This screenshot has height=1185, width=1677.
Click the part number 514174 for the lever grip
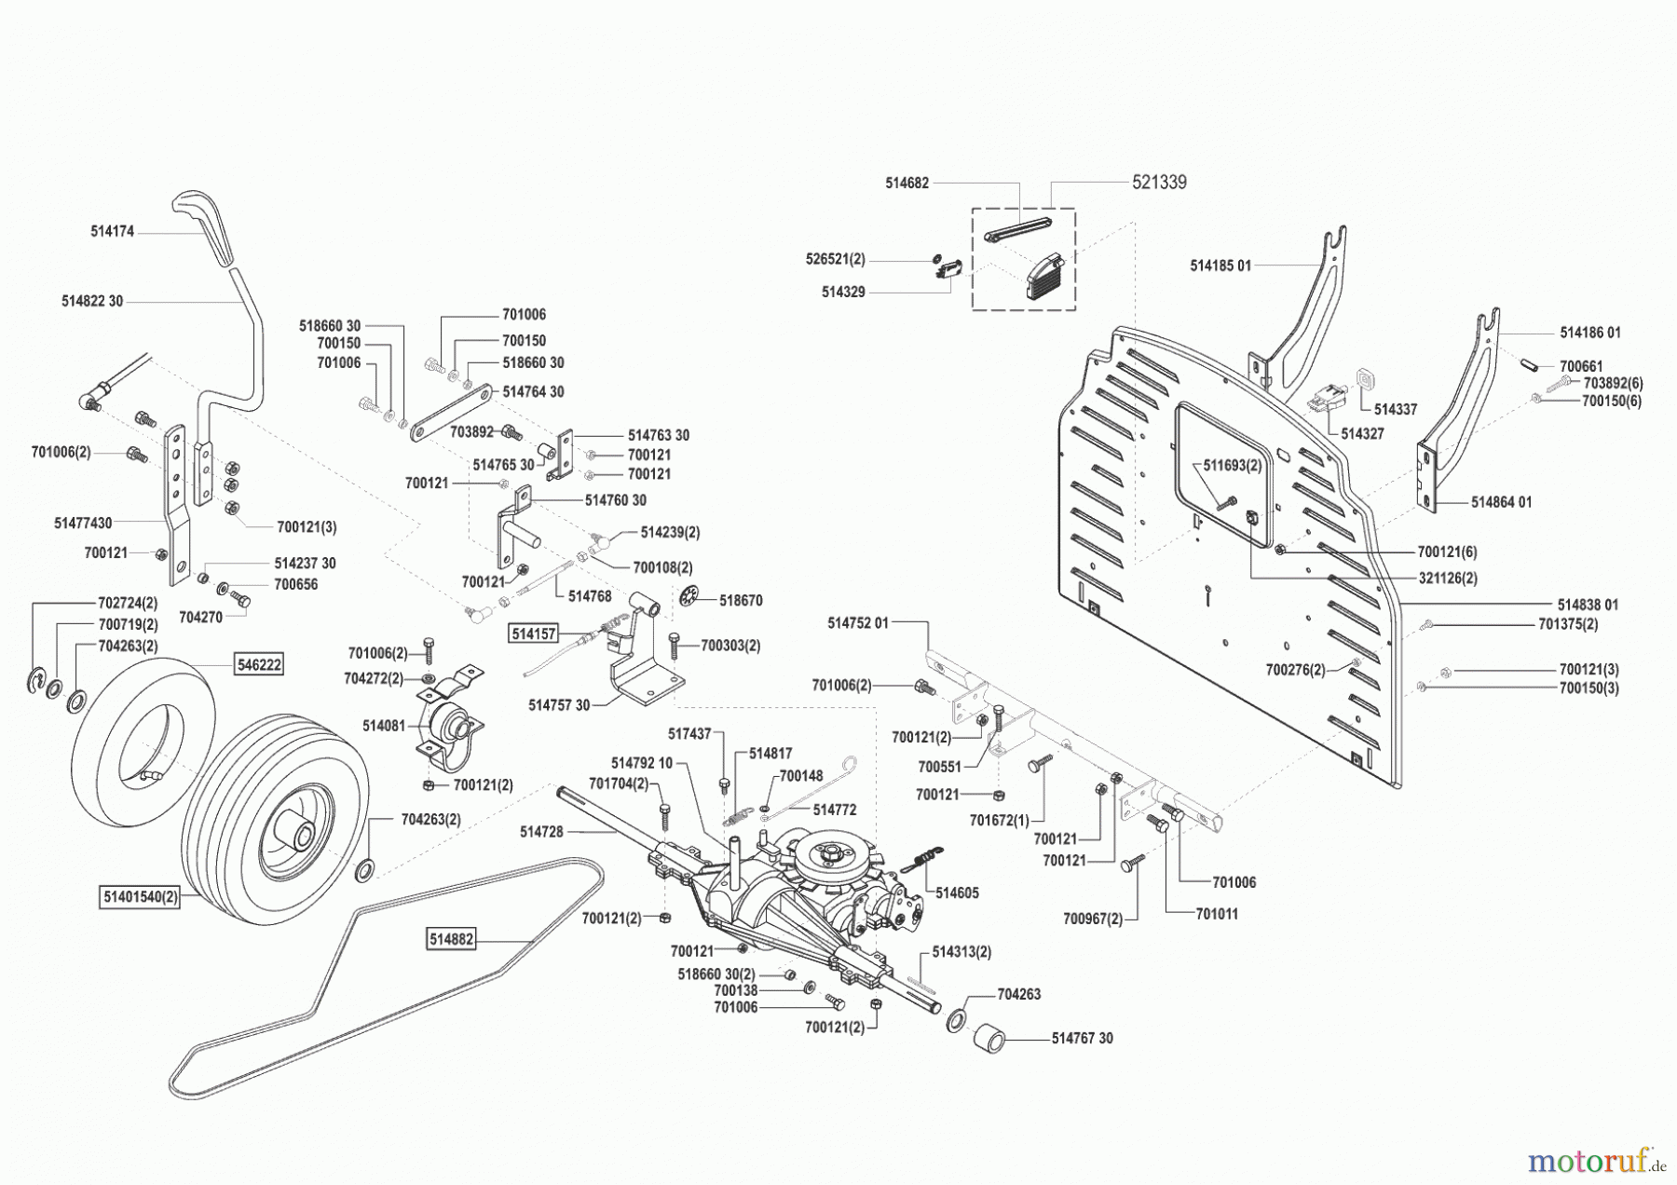tap(113, 231)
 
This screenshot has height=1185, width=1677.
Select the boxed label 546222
tap(258, 664)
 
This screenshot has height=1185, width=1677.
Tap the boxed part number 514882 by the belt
tap(452, 940)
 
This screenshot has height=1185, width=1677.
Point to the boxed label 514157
tap(533, 633)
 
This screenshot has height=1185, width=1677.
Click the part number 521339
tap(1159, 183)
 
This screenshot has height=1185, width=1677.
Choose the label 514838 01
tap(1588, 604)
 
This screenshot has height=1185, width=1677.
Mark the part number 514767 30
tap(1082, 1038)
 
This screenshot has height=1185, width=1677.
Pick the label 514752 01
tap(858, 622)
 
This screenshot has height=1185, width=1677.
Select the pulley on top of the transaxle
tap(831, 852)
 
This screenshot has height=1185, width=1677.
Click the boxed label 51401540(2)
tap(141, 897)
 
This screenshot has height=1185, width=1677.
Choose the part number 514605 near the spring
tap(957, 892)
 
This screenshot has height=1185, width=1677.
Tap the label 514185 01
tap(1220, 266)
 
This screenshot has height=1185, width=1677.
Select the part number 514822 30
tap(92, 301)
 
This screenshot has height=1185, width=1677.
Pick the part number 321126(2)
tap(1448, 578)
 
